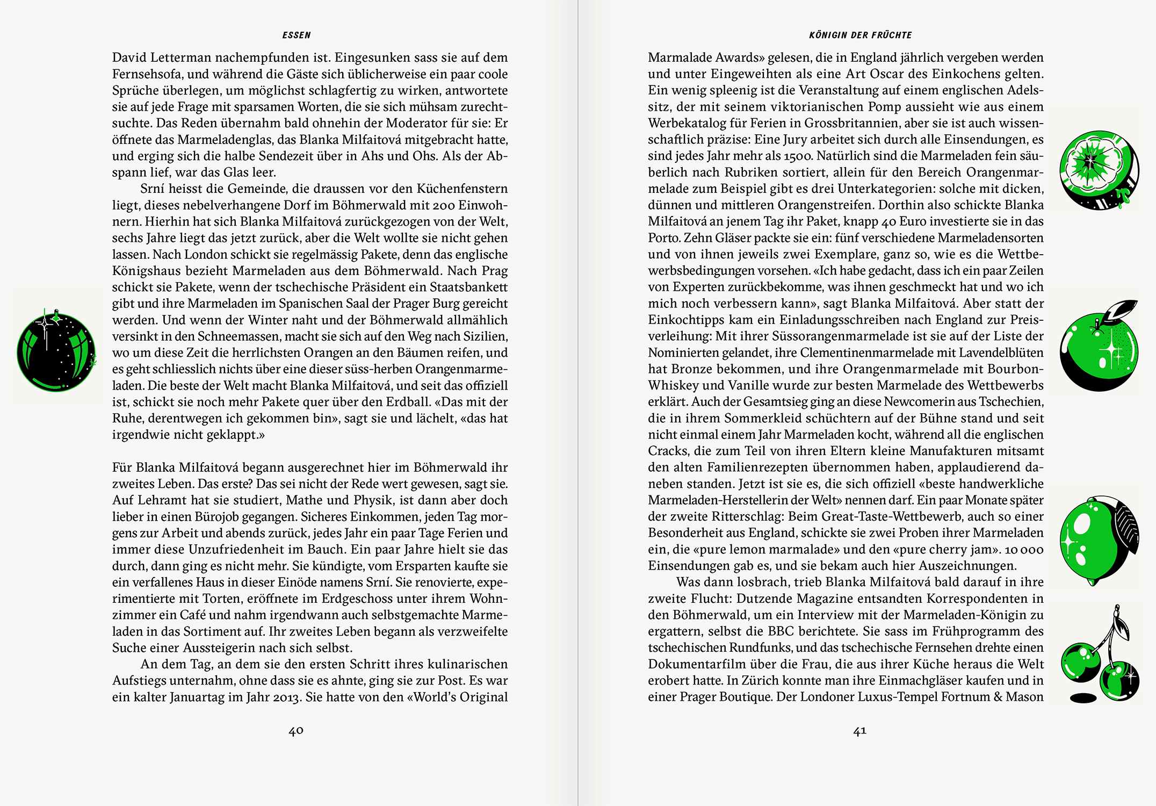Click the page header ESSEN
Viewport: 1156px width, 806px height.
(297, 35)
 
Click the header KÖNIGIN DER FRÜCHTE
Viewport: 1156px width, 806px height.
(860, 35)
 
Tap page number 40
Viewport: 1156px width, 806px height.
(296, 731)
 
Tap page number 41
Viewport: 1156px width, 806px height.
(859, 731)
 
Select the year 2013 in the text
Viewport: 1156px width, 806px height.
(286, 697)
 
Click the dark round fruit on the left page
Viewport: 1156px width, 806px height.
(56, 352)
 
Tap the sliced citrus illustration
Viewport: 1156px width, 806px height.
(1099, 169)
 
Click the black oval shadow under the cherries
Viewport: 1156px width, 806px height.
(1083, 698)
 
